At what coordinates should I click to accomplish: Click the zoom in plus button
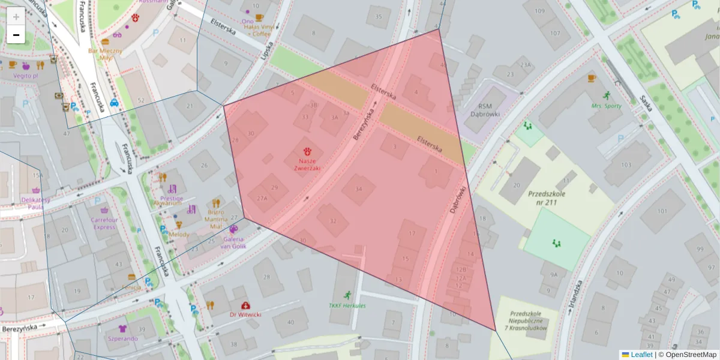pos(16,16)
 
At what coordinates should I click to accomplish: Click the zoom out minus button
pos(16,35)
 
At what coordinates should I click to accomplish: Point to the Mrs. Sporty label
pos(606,106)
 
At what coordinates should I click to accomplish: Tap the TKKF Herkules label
pos(347,305)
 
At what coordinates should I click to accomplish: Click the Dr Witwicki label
pos(245,314)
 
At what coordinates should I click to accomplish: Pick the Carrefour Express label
pos(104,223)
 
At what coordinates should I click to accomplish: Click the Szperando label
pos(122,338)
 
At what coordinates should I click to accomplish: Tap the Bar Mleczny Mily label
pos(105,55)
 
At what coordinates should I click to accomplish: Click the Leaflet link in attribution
pos(641,355)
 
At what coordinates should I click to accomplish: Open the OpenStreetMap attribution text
pos(690,355)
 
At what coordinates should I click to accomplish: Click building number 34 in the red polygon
pos(359,189)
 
